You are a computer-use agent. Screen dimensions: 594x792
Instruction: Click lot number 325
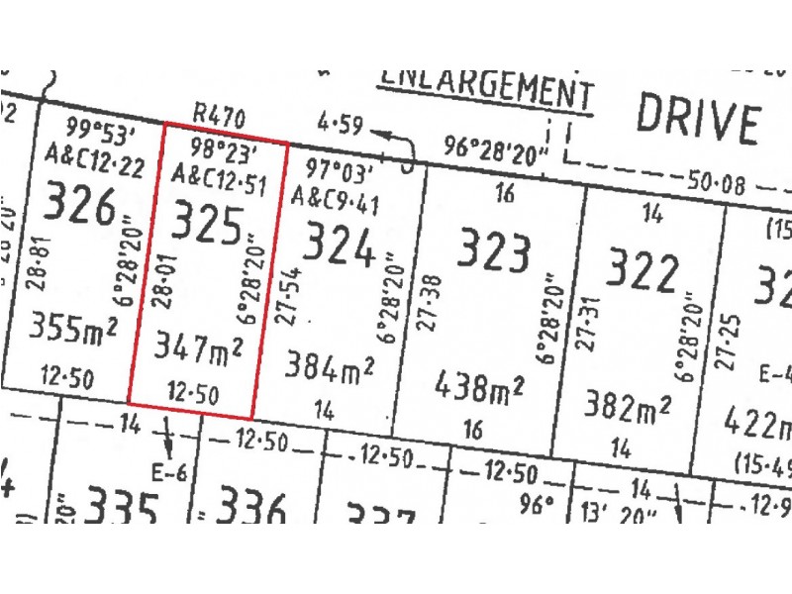(208, 226)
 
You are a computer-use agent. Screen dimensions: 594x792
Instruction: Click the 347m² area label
(199, 347)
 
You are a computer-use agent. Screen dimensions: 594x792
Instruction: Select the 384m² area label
(330, 367)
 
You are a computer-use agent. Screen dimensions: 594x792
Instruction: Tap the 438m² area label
(479, 387)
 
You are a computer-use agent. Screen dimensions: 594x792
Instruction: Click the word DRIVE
(697, 119)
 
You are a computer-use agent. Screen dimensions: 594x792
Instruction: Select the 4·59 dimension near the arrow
(342, 127)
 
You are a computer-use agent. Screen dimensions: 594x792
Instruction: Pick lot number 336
(251, 510)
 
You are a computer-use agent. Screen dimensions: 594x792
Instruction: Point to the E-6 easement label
(169, 471)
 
